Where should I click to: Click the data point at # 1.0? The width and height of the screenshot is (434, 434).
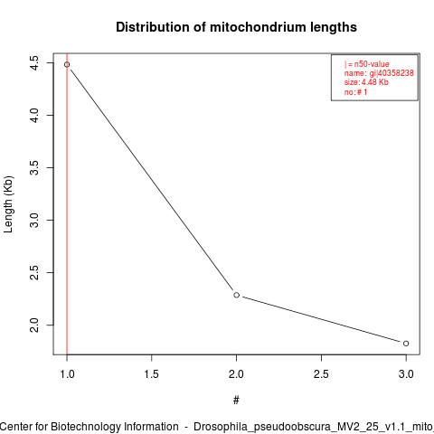pos(67,64)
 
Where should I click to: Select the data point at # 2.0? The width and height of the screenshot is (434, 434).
pos(237,295)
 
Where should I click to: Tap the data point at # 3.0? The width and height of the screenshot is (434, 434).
pos(406,344)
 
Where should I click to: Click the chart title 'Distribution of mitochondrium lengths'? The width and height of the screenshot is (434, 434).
pos(236,27)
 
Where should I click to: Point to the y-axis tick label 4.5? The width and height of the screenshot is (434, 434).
pos(34,63)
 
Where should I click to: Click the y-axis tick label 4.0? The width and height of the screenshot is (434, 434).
pos(34,115)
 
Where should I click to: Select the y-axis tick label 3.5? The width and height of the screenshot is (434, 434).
pos(34,167)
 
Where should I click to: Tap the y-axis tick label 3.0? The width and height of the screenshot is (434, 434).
pos(34,220)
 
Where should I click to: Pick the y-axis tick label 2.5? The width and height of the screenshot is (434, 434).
pos(34,272)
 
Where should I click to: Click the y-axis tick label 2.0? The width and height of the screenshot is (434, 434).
pos(34,325)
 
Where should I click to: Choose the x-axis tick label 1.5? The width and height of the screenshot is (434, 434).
pos(152,374)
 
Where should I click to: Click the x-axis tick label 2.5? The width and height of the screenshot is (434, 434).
pos(321,374)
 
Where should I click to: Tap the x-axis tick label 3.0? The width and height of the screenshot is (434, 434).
pos(406,374)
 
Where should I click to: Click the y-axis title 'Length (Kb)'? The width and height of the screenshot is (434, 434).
pos(8,204)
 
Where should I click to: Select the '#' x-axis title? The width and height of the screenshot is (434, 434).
pos(236,401)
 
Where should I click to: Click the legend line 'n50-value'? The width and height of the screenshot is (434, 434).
pos(367,64)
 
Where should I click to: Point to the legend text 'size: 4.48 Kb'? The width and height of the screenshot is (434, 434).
pos(366,82)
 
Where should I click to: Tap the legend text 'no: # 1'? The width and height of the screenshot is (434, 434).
pos(355,92)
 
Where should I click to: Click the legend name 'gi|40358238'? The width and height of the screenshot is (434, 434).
pos(392,73)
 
